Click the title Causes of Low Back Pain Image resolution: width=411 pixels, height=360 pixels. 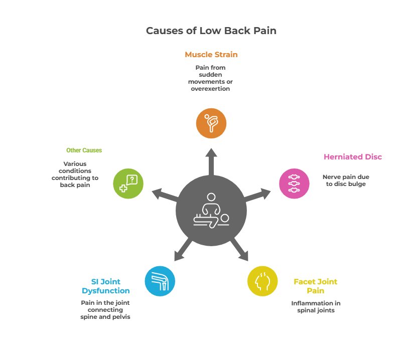211,31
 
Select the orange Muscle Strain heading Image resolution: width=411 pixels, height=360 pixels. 211,55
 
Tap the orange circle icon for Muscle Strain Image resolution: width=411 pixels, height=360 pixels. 211,123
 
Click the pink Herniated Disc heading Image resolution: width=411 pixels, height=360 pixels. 352,157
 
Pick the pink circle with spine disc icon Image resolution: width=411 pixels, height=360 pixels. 294,183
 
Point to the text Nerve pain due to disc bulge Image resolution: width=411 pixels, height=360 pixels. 346,180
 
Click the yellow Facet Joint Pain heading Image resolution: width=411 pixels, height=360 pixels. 315,286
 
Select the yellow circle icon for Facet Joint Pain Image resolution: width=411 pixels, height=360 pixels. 262,281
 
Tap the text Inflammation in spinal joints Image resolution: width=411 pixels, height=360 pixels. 316,307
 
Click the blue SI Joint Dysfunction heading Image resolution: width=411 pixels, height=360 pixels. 105,286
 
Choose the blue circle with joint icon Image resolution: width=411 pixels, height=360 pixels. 160,281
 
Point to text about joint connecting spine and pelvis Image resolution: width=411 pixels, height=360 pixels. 105,310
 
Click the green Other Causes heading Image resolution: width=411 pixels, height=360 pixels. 84,150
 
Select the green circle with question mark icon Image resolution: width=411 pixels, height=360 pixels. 128,183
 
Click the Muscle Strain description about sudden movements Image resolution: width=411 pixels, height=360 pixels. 211,78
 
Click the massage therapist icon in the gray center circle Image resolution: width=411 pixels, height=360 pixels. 211,211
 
